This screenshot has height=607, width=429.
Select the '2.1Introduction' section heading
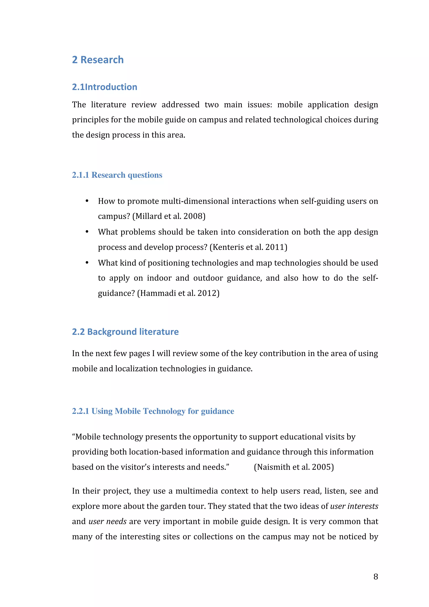(x=105, y=87)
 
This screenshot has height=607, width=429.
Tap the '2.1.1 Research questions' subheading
(x=117, y=175)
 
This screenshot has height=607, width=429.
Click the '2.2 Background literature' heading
(x=125, y=332)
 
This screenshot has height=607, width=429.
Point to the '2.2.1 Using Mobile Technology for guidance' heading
(x=153, y=411)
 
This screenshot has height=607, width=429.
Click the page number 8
(x=376, y=577)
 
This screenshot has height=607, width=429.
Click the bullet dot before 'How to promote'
(x=87, y=201)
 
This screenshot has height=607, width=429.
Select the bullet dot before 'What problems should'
(x=87, y=232)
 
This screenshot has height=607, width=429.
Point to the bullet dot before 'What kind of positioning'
(x=87, y=263)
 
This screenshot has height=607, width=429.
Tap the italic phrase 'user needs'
(x=108, y=521)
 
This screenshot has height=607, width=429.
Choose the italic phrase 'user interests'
(x=354, y=506)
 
